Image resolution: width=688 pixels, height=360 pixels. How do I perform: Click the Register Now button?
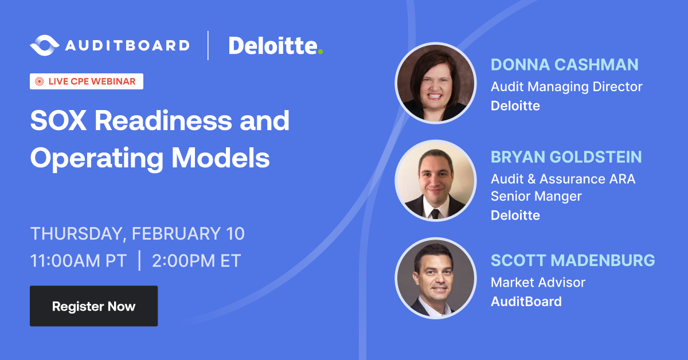[93, 306]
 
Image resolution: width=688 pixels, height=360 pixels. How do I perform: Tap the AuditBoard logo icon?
[44, 45]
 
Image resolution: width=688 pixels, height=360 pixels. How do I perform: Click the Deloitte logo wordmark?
[272, 45]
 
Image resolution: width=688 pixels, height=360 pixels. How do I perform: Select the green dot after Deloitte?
[320, 52]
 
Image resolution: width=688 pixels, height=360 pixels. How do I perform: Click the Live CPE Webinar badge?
[87, 81]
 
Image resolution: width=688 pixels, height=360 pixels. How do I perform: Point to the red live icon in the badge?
[40, 81]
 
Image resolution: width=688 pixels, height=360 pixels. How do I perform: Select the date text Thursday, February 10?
[138, 234]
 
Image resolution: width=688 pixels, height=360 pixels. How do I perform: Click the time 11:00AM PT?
[79, 261]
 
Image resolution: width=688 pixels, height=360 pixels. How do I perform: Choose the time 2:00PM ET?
[196, 261]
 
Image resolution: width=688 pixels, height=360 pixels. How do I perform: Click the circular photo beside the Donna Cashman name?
[436, 84]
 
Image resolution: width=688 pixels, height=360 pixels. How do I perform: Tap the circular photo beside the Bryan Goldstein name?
[436, 181]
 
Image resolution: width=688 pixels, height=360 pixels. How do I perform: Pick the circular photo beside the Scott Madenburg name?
[436, 278]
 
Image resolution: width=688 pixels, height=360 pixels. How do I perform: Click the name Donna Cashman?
[564, 65]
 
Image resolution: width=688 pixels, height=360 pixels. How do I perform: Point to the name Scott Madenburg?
[572, 260]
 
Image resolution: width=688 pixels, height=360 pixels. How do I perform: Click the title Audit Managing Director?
[566, 87]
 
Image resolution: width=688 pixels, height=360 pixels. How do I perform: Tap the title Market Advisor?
[538, 282]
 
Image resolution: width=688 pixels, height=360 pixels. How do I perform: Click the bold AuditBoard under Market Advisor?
[526, 302]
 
